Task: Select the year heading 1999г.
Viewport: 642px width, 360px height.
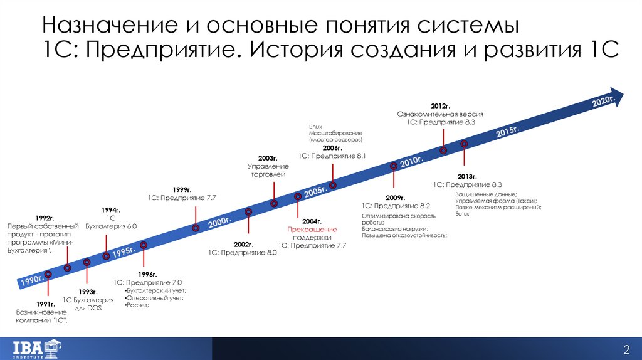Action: pyautogui.click(x=182, y=189)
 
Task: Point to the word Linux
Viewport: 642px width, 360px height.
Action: pyautogui.click(x=315, y=127)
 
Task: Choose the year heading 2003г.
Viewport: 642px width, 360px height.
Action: pyautogui.click(x=267, y=158)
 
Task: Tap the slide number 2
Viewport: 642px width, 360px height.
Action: pyautogui.click(x=626, y=349)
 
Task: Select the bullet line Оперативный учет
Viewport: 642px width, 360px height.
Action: pyautogui.click(x=155, y=298)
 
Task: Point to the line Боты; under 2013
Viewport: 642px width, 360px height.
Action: pyautogui.click(x=461, y=213)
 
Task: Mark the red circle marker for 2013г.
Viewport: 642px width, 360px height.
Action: pyautogui.click(x=464, y=144)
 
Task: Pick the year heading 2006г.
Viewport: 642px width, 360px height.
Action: pyautogui.click(x=332, y=147)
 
